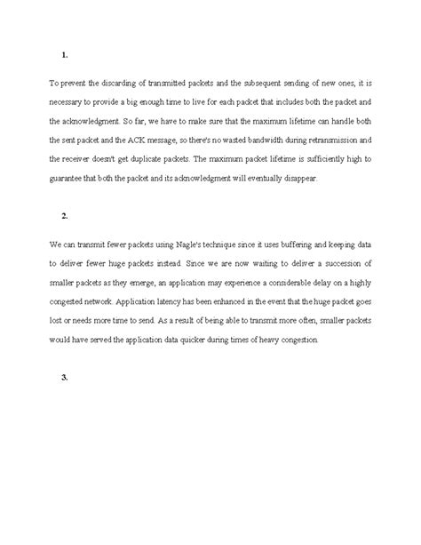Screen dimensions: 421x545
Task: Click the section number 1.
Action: pos(65,55)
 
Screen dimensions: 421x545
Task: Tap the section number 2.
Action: pos(65,216)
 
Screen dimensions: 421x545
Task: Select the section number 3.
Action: pos(65,378)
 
